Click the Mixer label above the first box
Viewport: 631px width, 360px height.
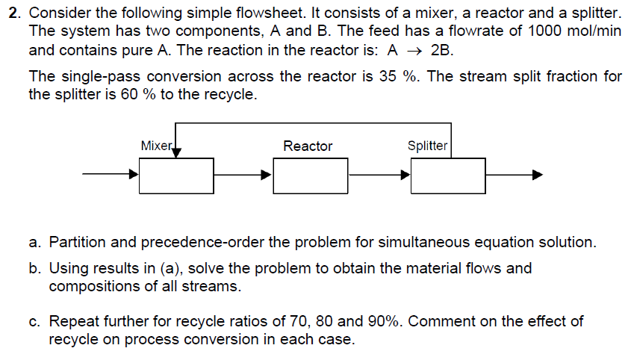pyautogui.click(x=156, y=146)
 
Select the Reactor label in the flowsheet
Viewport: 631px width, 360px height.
pyautogui.click(x=308, y=146)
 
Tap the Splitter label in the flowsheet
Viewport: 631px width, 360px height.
pyautogui.click(x=427, y=146)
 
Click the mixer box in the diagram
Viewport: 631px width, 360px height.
pyautogui.click(x=176, y=176)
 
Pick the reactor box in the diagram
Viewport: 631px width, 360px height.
pyautogui.click(x=311, y=176)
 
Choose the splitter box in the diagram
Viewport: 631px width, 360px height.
pyautogui.click(x=448, y=176)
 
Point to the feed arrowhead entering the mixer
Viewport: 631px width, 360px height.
pyautogui.click(x=134, y=176)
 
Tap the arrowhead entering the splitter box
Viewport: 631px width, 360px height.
pyautogui.click(x=405, y=176)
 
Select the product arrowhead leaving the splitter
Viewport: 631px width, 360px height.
pyautogui.click(x=536, y=176)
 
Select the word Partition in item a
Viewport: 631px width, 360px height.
pyautogui.click(x=78, y=242)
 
